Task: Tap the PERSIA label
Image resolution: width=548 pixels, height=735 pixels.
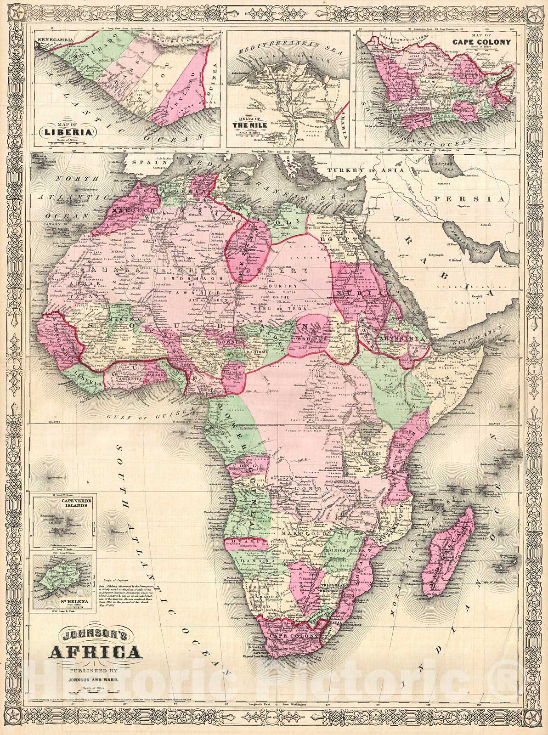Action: pos(478,199)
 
